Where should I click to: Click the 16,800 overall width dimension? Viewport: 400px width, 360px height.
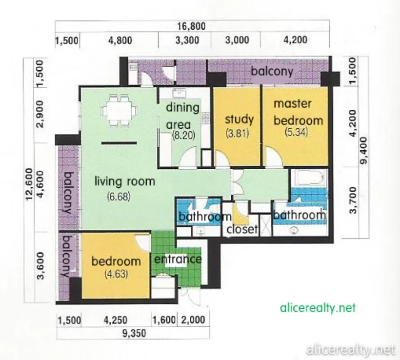(191, 26)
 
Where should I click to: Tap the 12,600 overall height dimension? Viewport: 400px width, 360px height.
(29, 184)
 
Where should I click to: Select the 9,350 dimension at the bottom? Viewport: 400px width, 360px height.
(134, 333)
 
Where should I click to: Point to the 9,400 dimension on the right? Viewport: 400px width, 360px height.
(365, 150)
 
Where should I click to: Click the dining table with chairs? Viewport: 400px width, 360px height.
(119, 111)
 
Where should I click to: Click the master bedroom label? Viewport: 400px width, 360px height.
(298, 112)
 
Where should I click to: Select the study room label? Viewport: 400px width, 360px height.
(239, 119)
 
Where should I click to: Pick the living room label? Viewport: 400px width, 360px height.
(125, 181)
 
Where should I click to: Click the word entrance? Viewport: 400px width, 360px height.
(178, 259)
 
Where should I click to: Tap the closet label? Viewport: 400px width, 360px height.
(242, 229)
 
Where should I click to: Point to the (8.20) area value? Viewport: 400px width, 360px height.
(184, 135)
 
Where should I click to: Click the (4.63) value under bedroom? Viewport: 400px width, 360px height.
(117, 274)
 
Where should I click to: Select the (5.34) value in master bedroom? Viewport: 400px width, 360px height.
(296, 132)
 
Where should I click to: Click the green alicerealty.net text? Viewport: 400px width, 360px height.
(318, 308)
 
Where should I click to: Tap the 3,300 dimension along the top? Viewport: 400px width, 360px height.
(187, 40)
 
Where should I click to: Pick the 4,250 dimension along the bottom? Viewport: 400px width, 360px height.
(116, 320)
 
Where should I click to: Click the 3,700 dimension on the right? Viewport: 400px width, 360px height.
(353, 200)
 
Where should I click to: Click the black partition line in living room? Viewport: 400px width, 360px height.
(119, 143)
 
